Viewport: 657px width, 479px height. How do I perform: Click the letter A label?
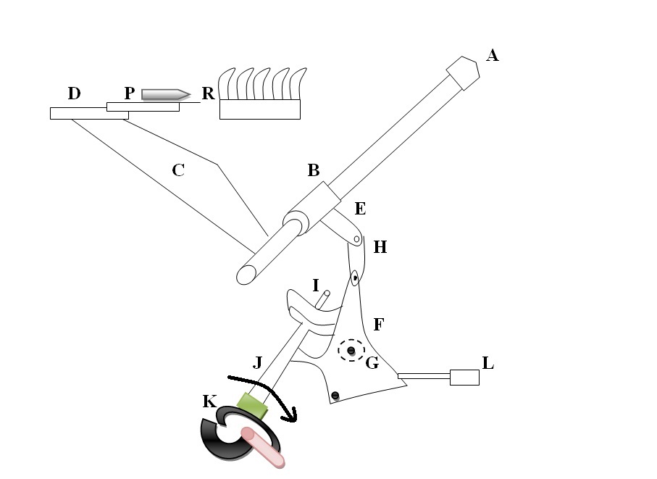tap(493, 54)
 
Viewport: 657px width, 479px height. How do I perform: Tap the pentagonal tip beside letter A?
tap(463, 72)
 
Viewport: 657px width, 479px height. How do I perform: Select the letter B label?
tap(314, 171)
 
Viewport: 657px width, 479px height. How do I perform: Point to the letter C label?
tap(178, 171)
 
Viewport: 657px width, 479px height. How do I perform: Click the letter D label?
tap(74, 93)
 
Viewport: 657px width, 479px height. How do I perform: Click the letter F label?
tap(377, 324)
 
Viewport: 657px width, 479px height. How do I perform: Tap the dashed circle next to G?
tap(351, 351)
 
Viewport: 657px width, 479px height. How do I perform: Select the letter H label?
tap(380, 247)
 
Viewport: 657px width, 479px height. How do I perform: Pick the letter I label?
tap(316, 285)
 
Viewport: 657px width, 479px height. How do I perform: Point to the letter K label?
tap(209, 401)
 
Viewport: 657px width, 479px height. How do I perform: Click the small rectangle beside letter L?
tap(464, 377)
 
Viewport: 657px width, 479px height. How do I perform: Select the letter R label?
tap(209, 93)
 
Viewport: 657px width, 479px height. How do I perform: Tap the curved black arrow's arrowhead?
tap(293, 416)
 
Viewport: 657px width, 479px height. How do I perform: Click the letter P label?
tap(129, 93)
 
